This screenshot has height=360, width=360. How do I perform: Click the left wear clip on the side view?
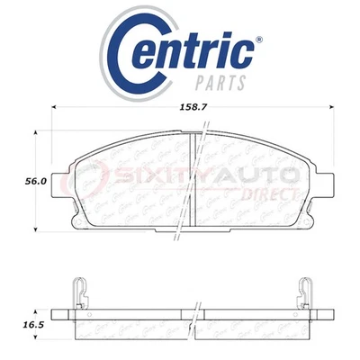(78, 287)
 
